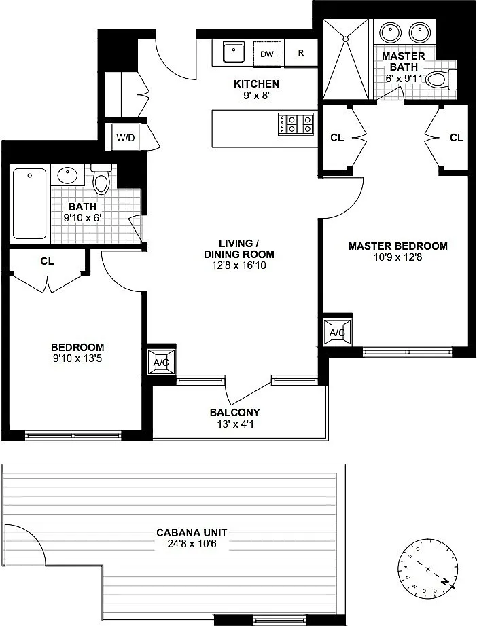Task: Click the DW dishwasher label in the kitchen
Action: (267, 54)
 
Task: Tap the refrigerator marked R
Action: (301, 53)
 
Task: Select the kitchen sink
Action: (233, 52)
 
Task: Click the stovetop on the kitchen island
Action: (296, 124)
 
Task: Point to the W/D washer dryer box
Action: (126, 138)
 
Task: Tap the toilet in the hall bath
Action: (101, 179)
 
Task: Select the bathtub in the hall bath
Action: (30, 203)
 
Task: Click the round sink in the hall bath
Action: (67, 174)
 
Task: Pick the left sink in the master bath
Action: (390, 32)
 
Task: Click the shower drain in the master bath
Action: (344, 39)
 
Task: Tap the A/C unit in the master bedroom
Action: (338, 332)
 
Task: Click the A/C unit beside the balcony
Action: (162, 362)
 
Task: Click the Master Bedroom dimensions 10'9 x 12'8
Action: (398, 257)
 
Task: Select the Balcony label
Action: (235, 412)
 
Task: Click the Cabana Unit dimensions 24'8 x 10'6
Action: (192, 544)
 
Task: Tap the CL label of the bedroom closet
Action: (47, 261)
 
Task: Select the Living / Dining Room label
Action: (239, 248)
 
